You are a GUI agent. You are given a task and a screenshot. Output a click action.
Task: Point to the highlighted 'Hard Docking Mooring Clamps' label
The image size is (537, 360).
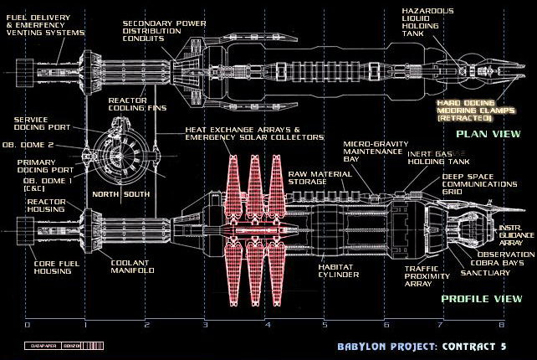tap(473, 109)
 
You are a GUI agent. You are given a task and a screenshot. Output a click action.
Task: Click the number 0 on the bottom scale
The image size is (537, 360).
tap(27, 324)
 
